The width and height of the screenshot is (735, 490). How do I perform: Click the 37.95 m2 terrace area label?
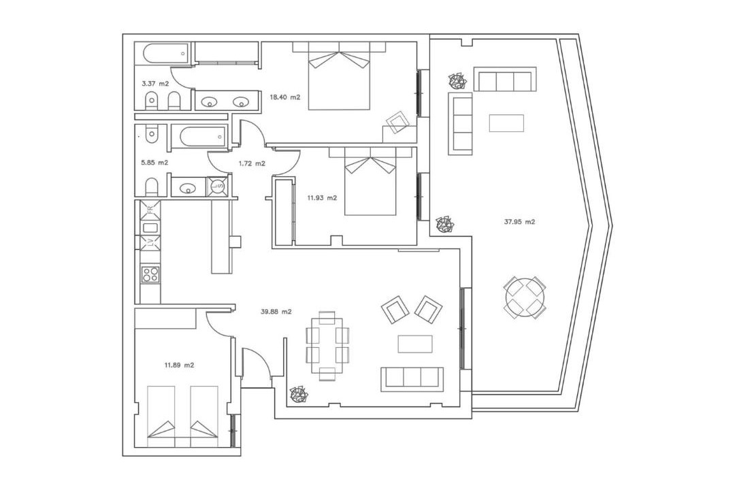(x=519, y=223)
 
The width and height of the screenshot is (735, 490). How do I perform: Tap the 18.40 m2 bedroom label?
(x=285, y=97)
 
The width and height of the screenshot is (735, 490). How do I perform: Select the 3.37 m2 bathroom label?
(x=155, y=84)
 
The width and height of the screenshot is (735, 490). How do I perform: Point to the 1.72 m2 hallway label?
(x=252, y=163)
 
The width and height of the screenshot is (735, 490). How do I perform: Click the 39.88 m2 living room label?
(x=276, y=311)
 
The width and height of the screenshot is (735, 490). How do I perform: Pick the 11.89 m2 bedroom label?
(x=179, y=365)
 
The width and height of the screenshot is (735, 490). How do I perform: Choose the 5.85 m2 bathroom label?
(x=154, y=163)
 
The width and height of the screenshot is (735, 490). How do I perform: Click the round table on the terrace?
(x=525, y=297)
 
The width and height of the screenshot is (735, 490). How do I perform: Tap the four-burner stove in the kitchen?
(x=150, y=274)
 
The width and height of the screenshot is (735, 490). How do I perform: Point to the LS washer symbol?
(x=217, y=186)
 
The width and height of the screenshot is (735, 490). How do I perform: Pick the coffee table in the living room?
(x=416, y=344)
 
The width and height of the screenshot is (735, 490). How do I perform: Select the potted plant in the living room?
(x=298, y=395)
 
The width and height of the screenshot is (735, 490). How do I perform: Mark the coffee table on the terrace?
(x=506, y=123)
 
